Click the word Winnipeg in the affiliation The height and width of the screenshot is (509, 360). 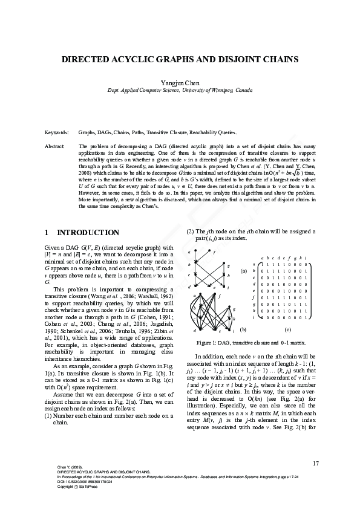[221, 89]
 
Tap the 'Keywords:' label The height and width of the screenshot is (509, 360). [56, 131]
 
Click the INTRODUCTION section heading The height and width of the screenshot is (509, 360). [88, 233]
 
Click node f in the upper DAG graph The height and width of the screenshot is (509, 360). [215, 254]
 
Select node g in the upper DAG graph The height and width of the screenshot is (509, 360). [228, 265]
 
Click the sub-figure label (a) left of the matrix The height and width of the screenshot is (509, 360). [243, 271]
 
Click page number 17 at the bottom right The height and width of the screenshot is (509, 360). [315, 463]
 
